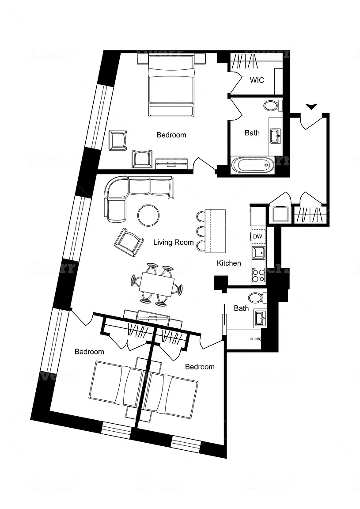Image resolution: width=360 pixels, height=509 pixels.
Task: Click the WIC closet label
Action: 257,80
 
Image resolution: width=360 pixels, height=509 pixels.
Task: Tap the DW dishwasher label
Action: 258,237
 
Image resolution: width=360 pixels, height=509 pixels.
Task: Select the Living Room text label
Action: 174,242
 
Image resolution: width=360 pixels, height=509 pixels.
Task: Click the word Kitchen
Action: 229,263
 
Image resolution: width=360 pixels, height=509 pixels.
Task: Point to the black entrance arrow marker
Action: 311,106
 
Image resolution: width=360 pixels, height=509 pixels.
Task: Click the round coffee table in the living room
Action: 149,215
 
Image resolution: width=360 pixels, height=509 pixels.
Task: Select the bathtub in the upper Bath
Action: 252,165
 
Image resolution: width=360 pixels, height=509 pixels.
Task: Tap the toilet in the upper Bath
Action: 271,105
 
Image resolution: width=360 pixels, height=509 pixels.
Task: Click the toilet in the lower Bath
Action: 256,297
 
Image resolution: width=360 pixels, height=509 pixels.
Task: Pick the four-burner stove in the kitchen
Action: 258,276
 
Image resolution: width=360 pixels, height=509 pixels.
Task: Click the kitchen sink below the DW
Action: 258,253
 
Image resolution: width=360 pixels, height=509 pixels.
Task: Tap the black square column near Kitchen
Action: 220,283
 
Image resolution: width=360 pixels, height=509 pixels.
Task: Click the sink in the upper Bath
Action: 275,134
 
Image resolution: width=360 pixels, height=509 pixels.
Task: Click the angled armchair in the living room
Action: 129,242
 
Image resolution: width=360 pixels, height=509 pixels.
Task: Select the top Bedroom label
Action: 171,135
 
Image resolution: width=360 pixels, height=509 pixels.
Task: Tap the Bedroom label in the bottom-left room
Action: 89,352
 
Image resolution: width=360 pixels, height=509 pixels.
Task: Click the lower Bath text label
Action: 241,308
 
